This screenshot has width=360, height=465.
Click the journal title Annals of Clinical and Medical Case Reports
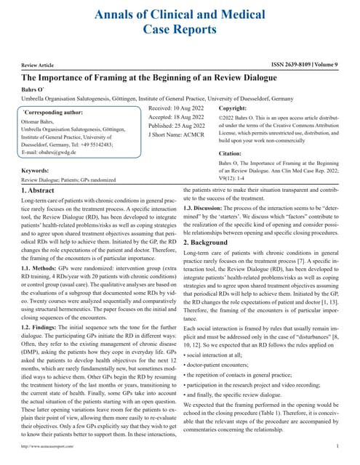pyautogui.click(x=180, y=21)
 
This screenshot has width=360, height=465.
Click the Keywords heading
pyautogui.click(x=40, y=171)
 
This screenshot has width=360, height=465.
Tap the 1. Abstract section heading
pyautogui.click(x=41, y=190)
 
